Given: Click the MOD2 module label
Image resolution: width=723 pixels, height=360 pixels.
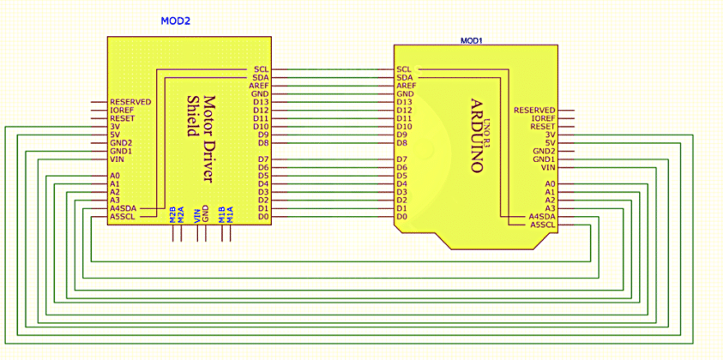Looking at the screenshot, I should click(176, 20).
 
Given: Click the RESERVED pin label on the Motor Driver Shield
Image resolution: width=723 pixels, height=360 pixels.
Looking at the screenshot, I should click(130, 102).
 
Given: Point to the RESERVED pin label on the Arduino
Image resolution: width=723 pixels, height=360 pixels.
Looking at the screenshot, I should click(534, 111).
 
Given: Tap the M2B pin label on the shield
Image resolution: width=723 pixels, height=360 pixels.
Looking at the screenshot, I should click(172, 213).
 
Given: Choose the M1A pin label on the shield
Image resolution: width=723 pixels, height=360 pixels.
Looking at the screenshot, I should click(230, 213).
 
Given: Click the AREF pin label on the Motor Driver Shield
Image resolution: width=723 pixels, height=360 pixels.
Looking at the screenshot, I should click(261, 86).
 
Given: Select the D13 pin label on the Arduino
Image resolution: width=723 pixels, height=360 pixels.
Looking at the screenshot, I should click(405, 102).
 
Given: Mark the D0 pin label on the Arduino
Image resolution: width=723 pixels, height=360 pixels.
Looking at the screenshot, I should click(401, 217).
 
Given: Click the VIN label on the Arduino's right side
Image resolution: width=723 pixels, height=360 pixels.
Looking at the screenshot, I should click(549, 168).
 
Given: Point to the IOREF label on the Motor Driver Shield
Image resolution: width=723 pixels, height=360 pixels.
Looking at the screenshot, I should click(121, 111).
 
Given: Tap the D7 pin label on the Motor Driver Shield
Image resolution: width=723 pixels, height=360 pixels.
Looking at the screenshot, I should click(263, 159).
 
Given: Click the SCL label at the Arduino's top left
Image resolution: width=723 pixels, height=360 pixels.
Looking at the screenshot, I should click(404, 69).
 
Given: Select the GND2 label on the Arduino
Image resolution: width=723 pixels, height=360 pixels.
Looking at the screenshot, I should click(544, 151).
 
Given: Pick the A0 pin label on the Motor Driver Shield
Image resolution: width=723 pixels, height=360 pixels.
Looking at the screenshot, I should click(115, 176).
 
